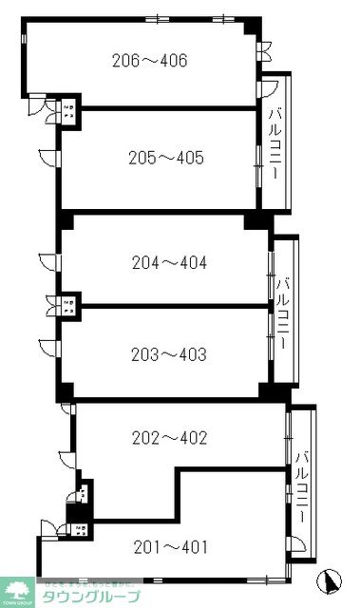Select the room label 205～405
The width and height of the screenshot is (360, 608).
pyautogui.click(x=166, y=158)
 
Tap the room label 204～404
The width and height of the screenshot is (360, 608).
pyautogui.click(x=167, y=260)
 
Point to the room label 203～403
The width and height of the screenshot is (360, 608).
pyautogui.click(x=167, y=354)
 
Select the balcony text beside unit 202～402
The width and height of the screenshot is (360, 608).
pyautogui.click(x=301, y=484)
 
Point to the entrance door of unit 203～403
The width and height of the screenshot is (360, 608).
pyautogui.click(x=47, y=346)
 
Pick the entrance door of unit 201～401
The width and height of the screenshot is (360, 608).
pyautogui.click(x=47, y=528)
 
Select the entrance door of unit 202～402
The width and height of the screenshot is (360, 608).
pyautogui.click(x=65, y=459)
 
